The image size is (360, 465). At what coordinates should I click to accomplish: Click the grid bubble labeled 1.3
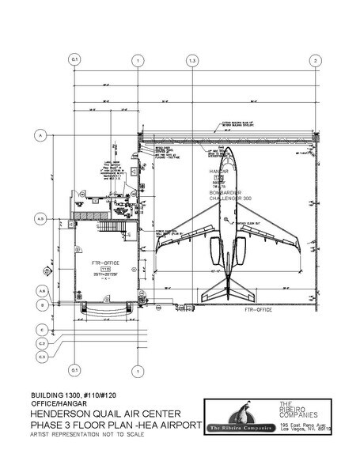point(192,61)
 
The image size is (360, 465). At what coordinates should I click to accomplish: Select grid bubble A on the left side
point(38,137)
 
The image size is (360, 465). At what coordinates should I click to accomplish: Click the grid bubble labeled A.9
point(38,292)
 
